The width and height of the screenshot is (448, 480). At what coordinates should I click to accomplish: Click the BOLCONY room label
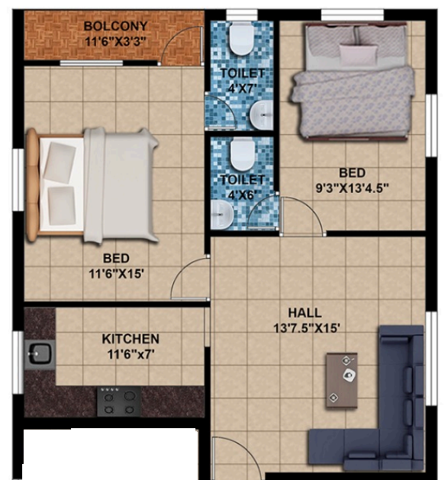115,26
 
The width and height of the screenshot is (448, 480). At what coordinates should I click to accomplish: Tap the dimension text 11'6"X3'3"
115,41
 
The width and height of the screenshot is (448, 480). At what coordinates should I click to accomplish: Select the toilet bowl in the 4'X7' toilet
242,38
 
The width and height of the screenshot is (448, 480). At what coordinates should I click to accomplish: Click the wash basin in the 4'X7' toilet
261,115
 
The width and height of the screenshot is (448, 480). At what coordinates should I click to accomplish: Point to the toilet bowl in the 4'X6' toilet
242,154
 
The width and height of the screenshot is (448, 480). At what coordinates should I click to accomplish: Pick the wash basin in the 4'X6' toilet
222,214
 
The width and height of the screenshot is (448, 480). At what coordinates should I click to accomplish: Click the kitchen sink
40,354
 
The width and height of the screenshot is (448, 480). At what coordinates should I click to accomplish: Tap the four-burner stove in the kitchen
119,401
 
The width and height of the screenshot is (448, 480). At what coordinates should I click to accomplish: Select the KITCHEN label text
131,339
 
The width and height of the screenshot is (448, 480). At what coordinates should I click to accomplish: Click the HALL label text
305,313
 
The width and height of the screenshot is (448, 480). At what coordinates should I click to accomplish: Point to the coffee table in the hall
342,380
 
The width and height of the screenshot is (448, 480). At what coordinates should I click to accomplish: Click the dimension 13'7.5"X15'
307,328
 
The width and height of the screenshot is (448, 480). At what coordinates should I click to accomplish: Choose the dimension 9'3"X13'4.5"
352,188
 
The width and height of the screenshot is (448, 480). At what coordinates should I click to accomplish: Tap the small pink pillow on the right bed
358,54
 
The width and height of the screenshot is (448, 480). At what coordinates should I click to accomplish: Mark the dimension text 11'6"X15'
116,274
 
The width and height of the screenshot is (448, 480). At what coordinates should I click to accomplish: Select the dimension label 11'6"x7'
131,355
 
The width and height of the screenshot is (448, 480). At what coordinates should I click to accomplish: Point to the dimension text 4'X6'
242,195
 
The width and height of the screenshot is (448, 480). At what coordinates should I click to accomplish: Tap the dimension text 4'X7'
242,89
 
